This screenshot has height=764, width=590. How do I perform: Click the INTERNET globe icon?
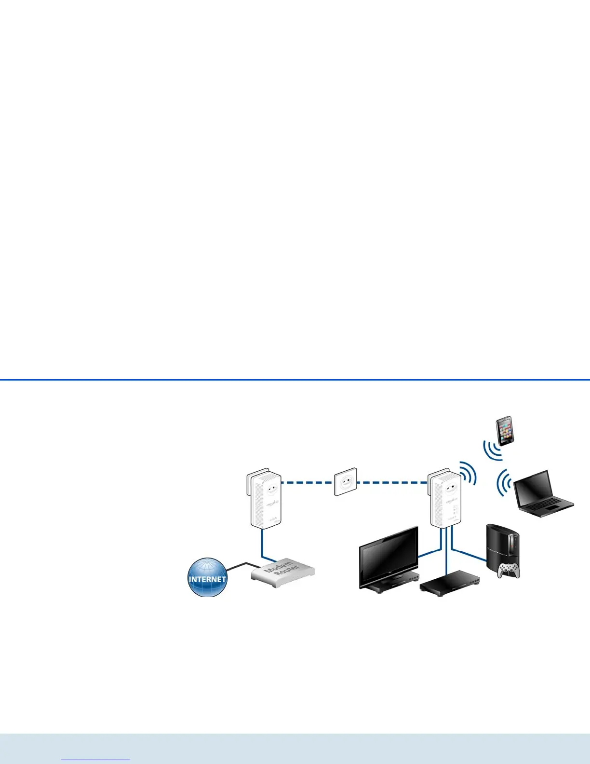click(x=207, y=577)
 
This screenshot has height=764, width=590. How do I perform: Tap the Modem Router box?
click(x=282, y=572)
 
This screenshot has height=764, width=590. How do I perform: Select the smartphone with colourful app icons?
click(x=505, y=430)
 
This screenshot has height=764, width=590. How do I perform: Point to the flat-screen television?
click(x=389, y=557)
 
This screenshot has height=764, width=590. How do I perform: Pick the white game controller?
click(x=509, y=571)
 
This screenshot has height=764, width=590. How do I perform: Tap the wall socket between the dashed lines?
click(x=346, y=481)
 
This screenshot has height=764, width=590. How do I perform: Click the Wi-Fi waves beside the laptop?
click(x=504, y=482)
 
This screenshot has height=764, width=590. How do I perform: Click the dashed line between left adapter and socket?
click(x=307, y=482)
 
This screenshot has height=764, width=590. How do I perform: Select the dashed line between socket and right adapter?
click(x=393, y=482)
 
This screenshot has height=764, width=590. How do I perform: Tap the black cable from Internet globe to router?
click(x=243, y=564)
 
